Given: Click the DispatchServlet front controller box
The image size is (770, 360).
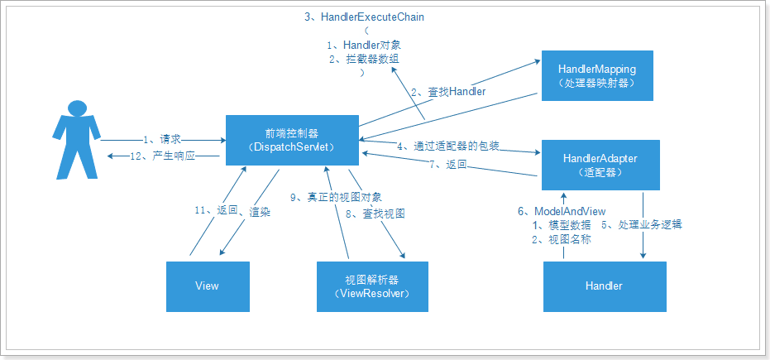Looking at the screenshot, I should (293, 140).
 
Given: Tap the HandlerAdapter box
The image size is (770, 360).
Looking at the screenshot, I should (600, 165).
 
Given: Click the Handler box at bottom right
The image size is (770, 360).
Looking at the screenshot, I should (603, 286).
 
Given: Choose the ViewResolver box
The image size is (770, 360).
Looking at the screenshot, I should (372, 286).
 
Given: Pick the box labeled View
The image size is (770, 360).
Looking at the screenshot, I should (207, 286).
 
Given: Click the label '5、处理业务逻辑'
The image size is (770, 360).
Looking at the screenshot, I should (646, 224).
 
